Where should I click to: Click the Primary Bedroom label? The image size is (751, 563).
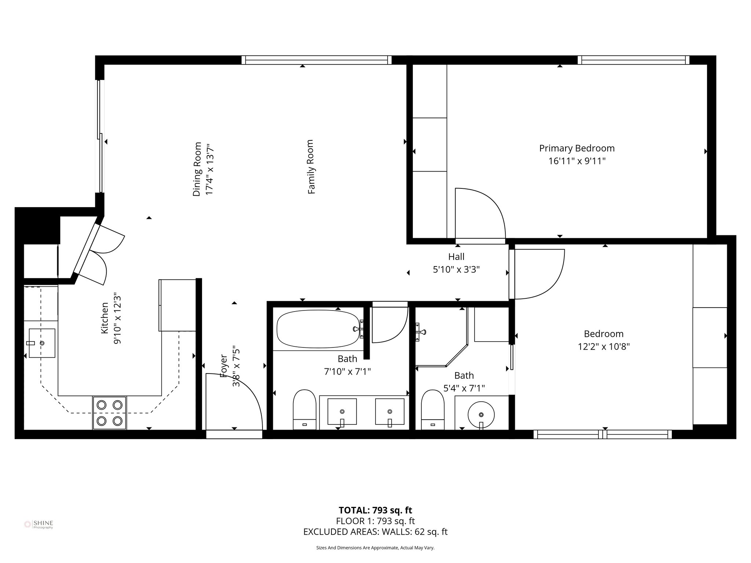[x=576, y=148]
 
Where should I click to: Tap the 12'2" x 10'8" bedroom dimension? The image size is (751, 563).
[x=604, y=347]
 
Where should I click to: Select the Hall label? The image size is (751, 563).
[x=456, y=257]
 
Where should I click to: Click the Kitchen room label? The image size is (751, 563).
[x=105, y=318]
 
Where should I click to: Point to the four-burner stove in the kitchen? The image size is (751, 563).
[x=109, y=413]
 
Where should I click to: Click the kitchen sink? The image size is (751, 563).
[x=42, y=343]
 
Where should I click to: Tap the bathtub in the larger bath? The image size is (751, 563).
[x=318, y=329]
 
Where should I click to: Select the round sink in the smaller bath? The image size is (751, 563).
[x=481, y=415]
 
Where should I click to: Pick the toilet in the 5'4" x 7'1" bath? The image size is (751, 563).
[x=433, y=409]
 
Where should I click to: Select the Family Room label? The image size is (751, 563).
[x=311, y=167]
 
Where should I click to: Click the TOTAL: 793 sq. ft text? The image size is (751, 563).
[x=375, y=510]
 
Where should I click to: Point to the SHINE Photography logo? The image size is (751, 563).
[x=39, y=524]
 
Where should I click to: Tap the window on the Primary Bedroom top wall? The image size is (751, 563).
[x=633, y=60]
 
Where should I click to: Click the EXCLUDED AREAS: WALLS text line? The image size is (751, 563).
[x=375, y=532]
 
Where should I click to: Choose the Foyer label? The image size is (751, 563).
[x=223, y=366]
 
